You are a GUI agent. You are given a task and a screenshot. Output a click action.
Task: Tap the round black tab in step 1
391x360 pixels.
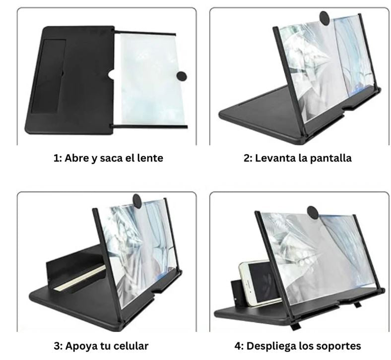(182, 76)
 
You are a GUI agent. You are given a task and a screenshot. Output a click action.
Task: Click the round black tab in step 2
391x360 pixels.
(325, 18)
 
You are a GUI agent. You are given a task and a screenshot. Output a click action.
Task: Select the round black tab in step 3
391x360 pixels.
(137, 200)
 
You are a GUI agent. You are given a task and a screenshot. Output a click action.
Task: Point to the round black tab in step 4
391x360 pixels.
(313, 213)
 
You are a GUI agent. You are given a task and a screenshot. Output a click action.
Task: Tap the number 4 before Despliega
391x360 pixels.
(239, 346)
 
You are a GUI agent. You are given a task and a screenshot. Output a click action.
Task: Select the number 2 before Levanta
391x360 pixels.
(248, 158)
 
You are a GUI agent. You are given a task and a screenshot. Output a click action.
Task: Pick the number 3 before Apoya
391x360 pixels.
(58, 346)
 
